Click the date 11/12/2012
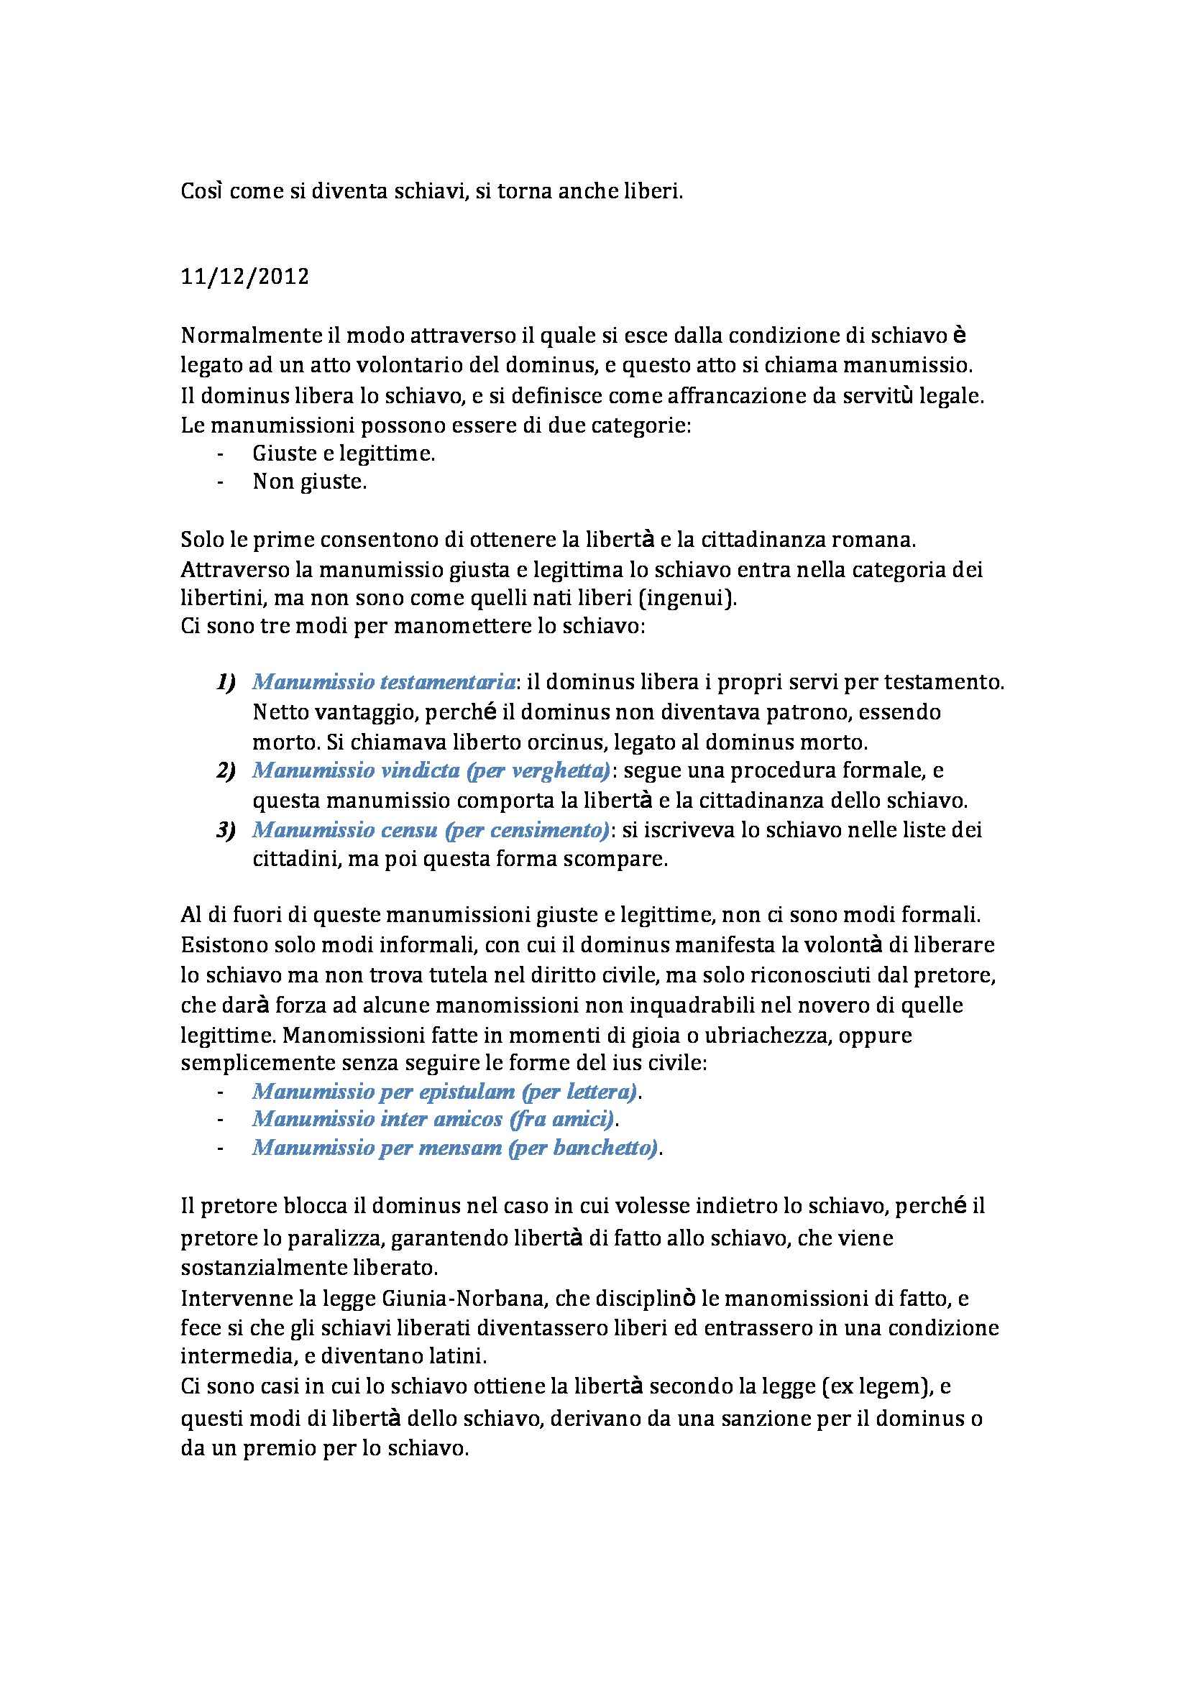(x=244, y=278)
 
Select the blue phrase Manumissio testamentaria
(x=384, y=682)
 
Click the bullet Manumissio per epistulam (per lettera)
(x=445, y=1092)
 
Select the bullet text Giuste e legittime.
(x=344, y=454)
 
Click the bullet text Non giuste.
(x=309, y=482)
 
